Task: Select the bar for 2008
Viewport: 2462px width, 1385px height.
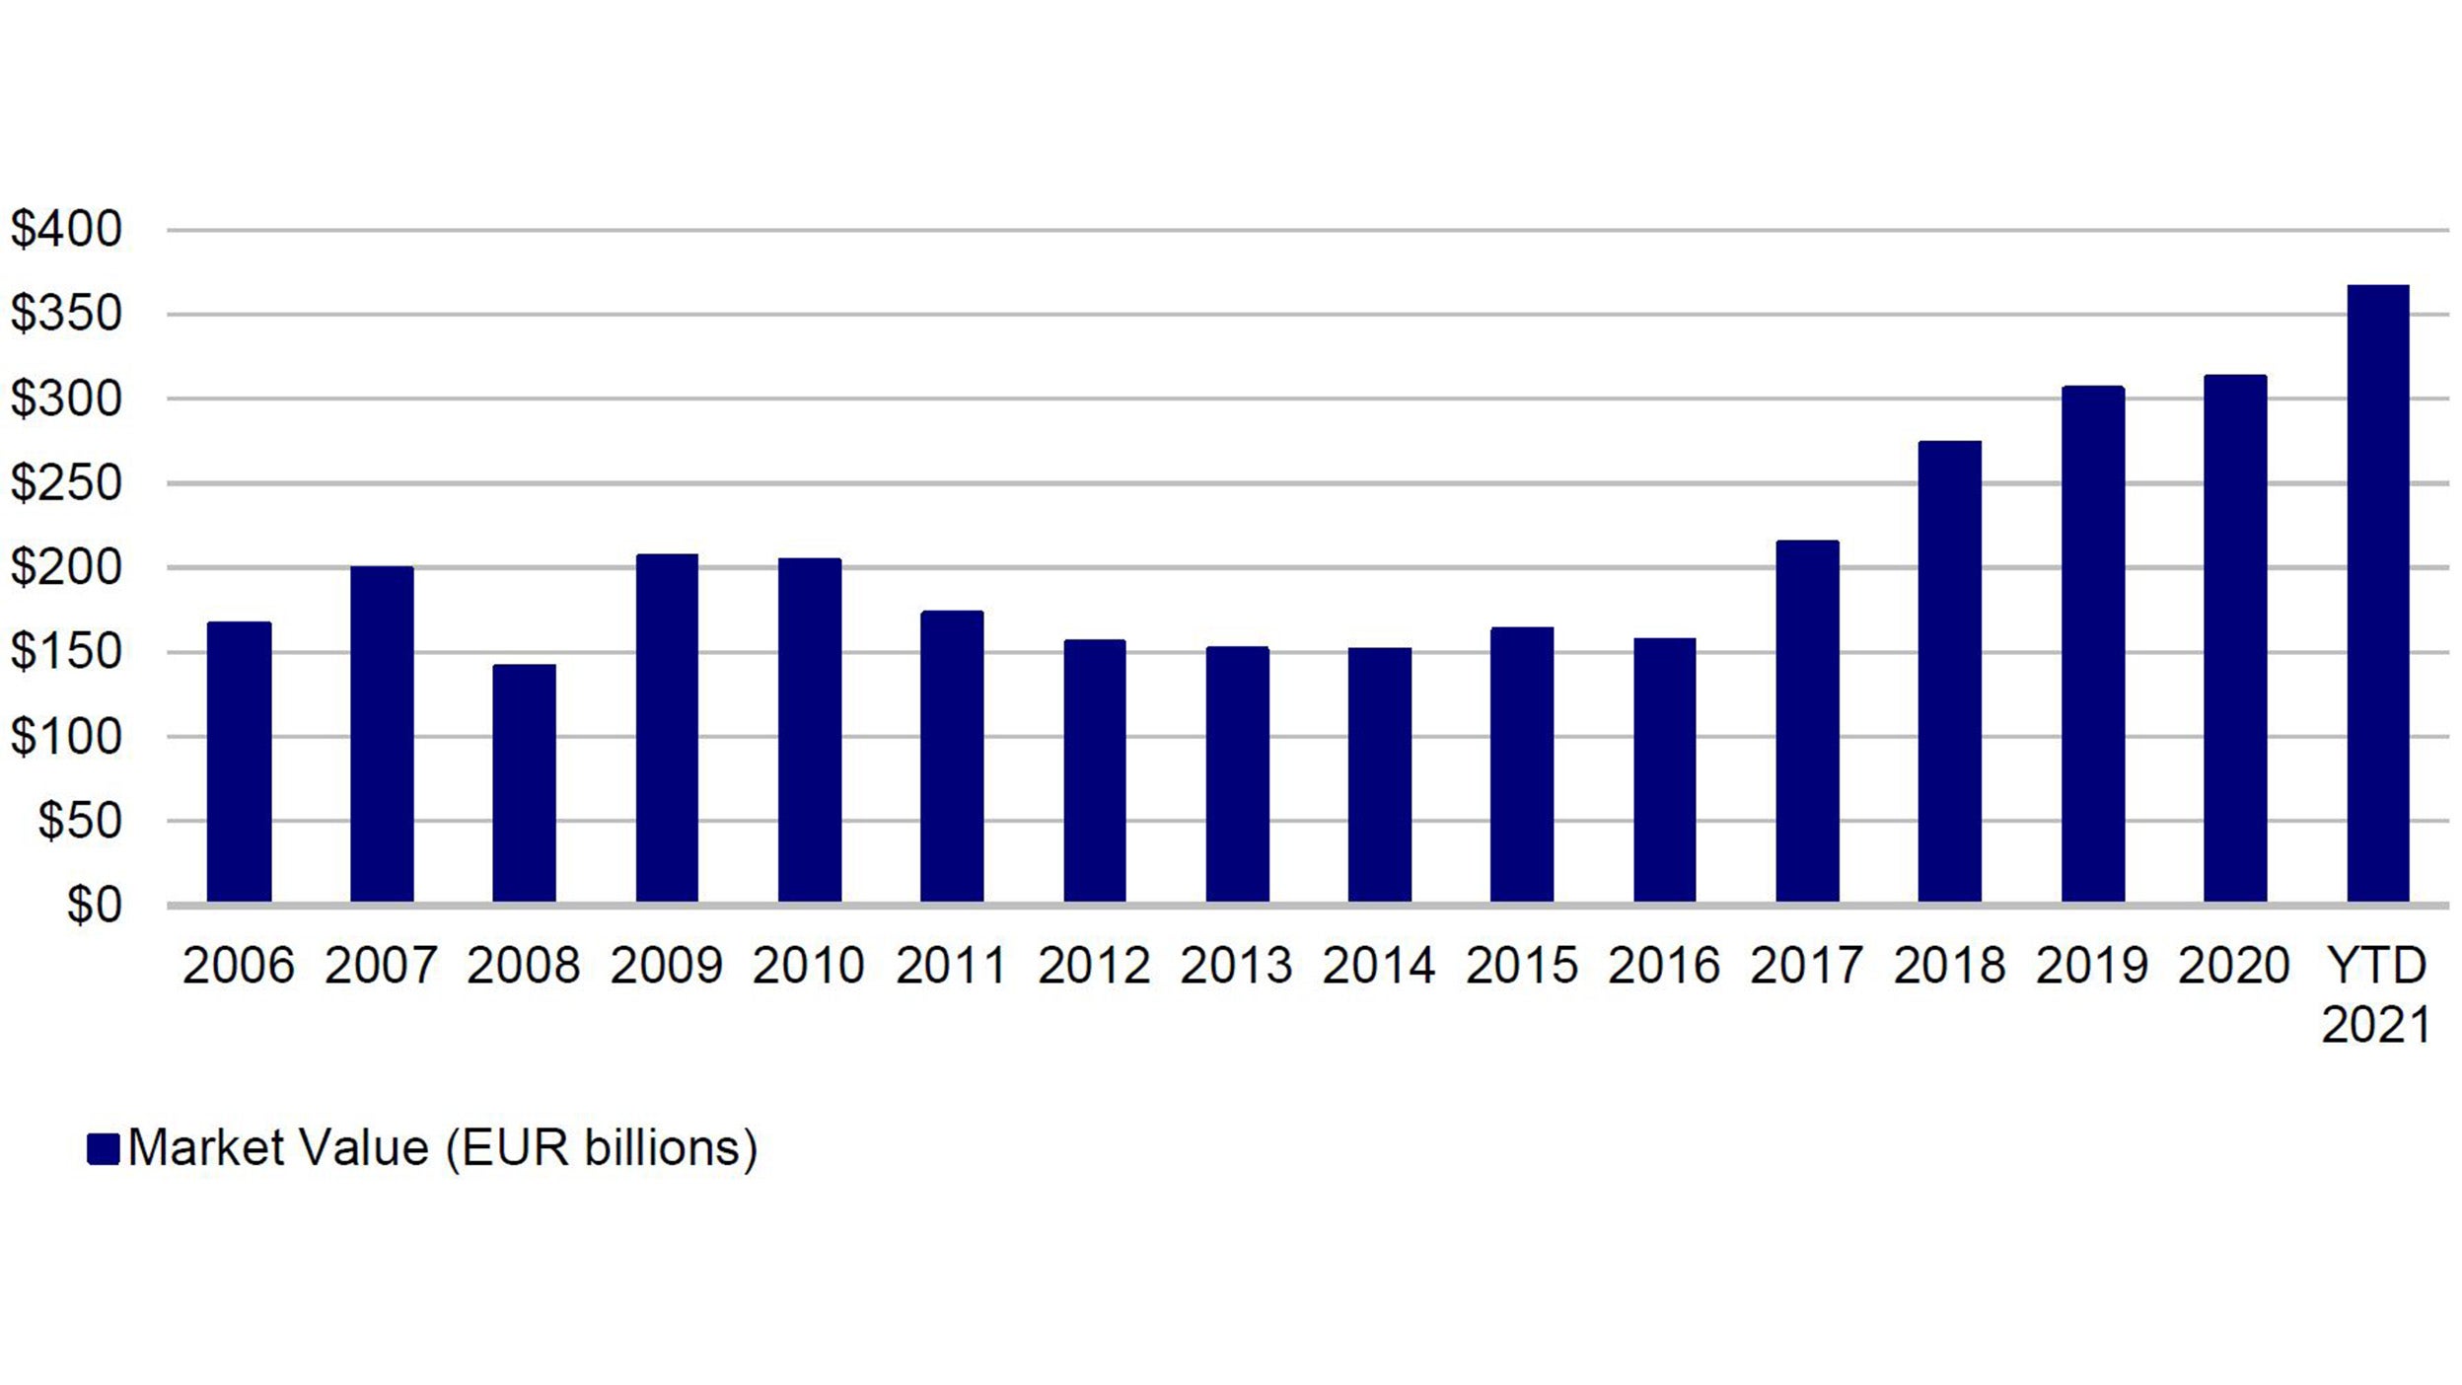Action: (524, 783)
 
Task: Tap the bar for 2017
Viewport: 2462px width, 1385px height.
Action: (1807, 721)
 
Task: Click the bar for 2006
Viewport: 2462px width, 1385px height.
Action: (239, 762)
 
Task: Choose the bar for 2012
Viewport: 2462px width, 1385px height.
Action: (1094, 770)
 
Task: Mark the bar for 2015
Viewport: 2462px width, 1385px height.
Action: (1521, 765)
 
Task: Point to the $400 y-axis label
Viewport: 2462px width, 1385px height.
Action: (66, 229)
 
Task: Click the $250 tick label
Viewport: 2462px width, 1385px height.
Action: (66, 483)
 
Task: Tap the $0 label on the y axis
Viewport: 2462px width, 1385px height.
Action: (94, 905)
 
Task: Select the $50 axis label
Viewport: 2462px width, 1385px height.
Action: (80, 821)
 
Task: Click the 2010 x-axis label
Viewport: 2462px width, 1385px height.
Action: (809, 965)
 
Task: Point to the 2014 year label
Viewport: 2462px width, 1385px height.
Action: (1378, 965)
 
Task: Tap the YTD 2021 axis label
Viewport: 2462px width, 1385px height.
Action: (2375, 994)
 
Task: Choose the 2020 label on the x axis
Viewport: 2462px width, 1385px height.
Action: (2233, 965)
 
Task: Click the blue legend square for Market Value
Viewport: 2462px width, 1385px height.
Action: (103, 1148)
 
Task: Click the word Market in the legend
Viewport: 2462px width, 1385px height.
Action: (207, 1148)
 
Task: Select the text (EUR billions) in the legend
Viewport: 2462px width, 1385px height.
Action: (601, 1148)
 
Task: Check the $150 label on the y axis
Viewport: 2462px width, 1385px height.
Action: (66, 652)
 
